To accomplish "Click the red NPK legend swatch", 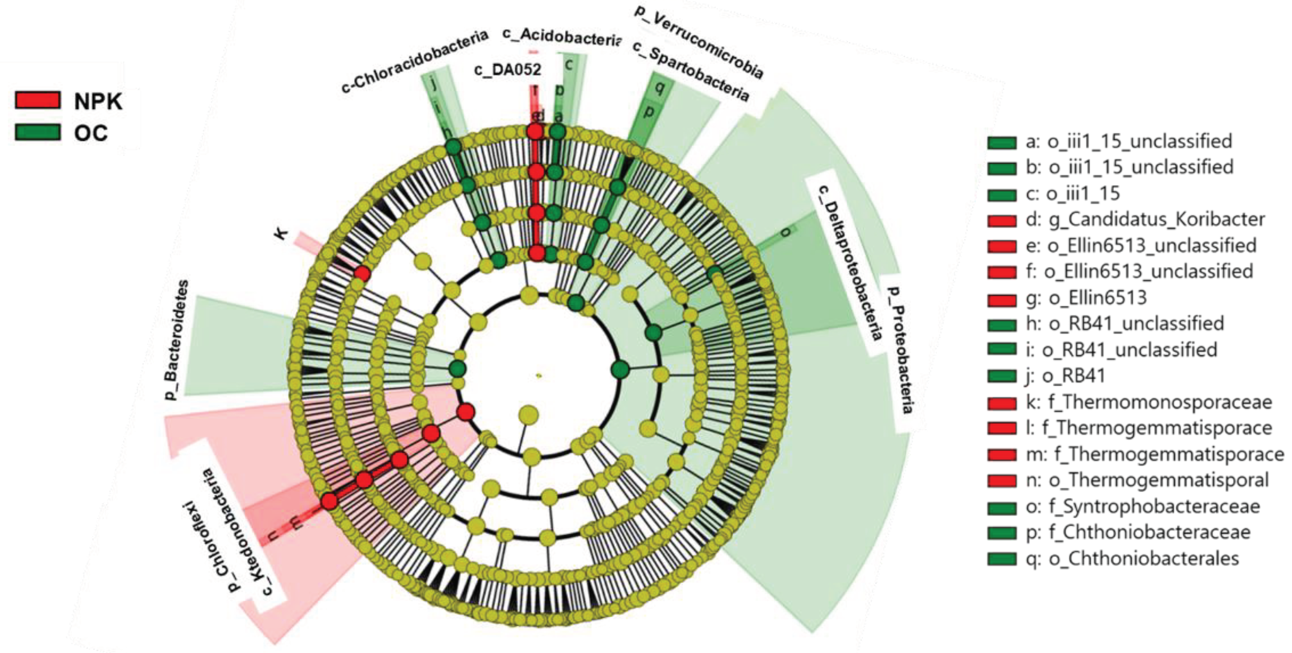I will pyautogui.click(x=38, y=100).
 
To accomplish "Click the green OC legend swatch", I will pyautogui.click(x=38, y=132).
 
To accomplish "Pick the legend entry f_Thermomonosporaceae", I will pyautogui.click(x=1149, y=402).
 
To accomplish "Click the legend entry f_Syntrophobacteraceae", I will pyautogui.click(x=1143, y=506).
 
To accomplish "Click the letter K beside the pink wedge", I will pyautogui.click(x=283, y=233).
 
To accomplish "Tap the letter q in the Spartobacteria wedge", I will pyautogui.click(x=660, y=88).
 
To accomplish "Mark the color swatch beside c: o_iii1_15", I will pyautogui.click(x=1001, y=194).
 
